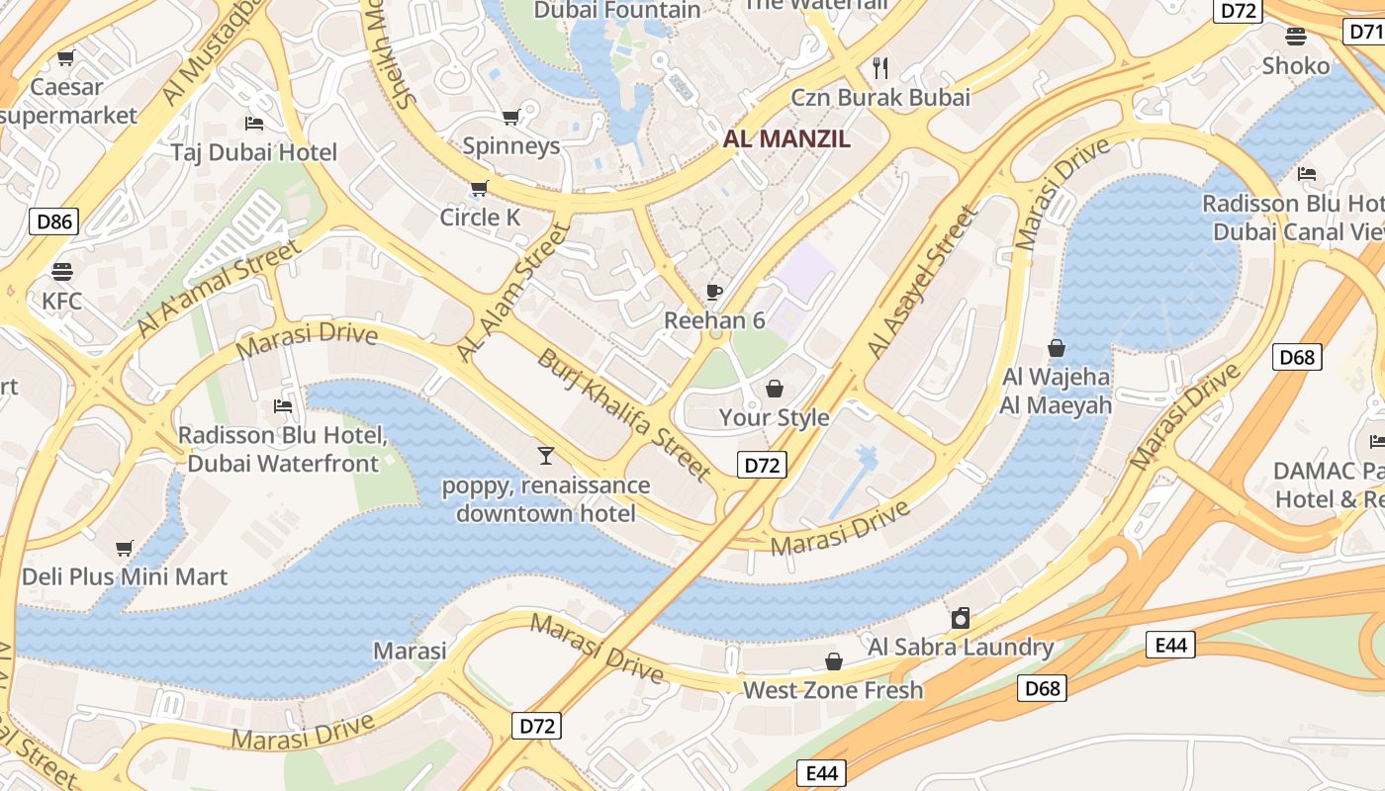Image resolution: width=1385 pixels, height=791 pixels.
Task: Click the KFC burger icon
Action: (62, 271)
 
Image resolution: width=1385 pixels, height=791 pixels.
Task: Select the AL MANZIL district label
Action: (786, 139)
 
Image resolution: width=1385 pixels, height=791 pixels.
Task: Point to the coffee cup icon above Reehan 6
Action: (714, 291)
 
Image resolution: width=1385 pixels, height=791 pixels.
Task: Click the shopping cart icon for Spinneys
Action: (511, 118)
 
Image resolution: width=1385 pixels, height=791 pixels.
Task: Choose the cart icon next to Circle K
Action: (480, 188)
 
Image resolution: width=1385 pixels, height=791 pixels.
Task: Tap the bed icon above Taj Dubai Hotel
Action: (254, 124)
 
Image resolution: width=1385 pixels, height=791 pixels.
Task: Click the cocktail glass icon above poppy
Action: (545, 455)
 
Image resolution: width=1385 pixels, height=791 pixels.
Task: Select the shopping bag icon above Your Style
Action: (775, 388)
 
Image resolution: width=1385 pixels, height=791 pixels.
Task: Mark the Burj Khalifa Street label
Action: (624, 414)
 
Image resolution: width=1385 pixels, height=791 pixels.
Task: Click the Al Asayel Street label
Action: (921, 283)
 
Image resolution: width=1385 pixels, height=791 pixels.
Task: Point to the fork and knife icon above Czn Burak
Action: (880, 67)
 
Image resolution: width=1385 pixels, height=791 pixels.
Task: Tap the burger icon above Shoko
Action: (1296, 37)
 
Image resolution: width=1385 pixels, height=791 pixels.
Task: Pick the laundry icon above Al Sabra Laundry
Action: (960, 619)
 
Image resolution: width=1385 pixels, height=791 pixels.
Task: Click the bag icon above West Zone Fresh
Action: (834, 660)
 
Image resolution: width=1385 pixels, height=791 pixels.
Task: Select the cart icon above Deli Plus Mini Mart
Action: (125, 548)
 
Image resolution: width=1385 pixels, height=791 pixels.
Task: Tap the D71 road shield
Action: (1365, 32)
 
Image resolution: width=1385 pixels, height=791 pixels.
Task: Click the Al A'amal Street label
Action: (219, 288)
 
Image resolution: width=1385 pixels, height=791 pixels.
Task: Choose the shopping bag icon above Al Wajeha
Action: (1057, 348)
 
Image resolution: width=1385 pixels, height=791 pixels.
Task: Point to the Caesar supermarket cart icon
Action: (66, 57)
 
